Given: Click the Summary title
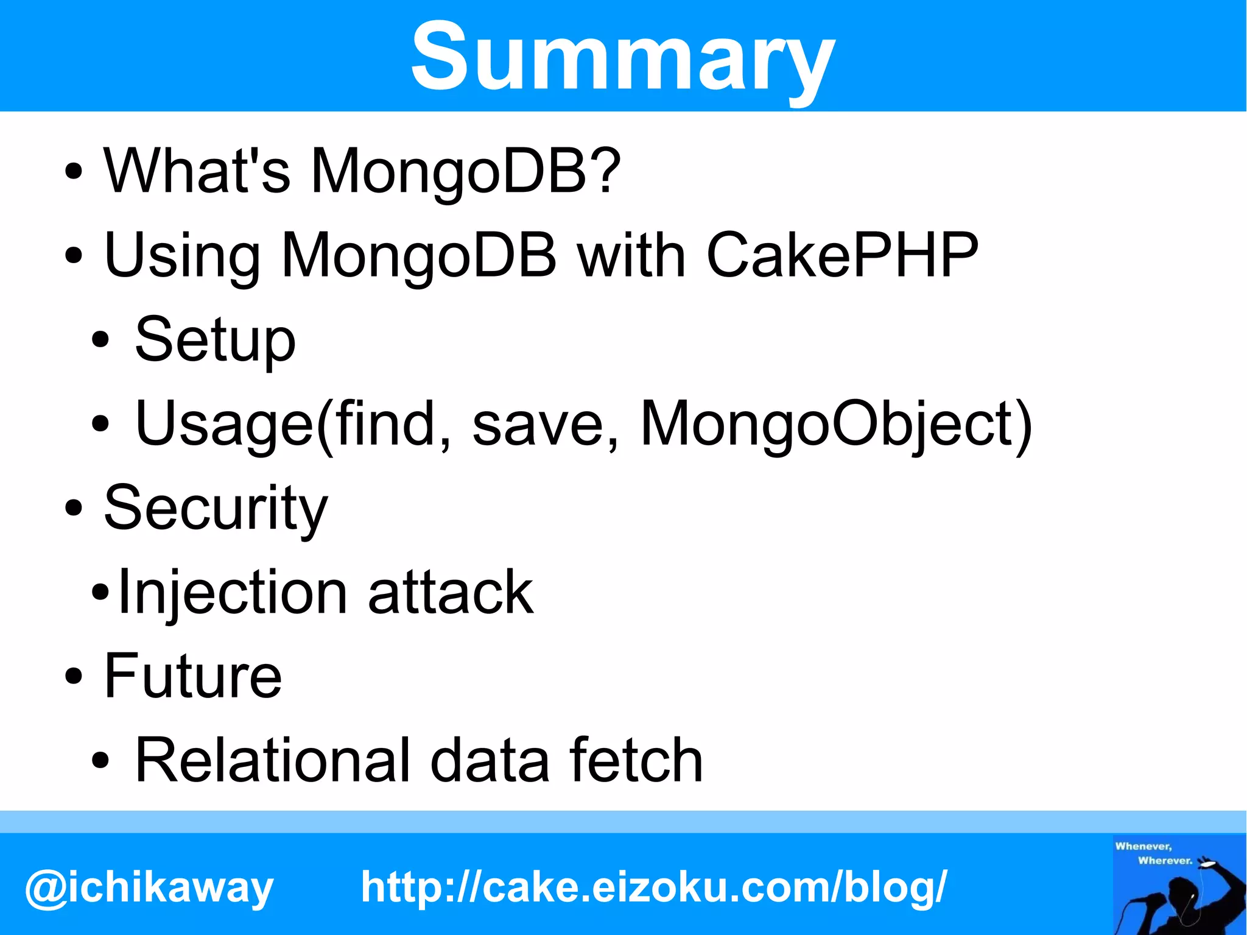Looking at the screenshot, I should [622, 58].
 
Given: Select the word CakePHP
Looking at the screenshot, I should [842, 255].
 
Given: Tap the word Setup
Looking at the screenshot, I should [215, 340].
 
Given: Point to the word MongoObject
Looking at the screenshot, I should [835, 424].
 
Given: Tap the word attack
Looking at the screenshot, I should [451, 593].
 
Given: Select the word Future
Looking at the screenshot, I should [192, 676].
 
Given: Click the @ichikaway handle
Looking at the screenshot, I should [149, 887].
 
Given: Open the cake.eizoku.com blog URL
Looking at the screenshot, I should [654, 886].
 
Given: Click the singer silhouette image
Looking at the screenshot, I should [1179, 884].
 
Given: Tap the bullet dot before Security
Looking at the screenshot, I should [73, 507].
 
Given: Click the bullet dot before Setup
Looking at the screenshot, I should [101, 339].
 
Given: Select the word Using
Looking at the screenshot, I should [181, 256].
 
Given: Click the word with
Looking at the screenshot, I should [631, 255].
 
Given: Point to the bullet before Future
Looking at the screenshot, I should [73, 676].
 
